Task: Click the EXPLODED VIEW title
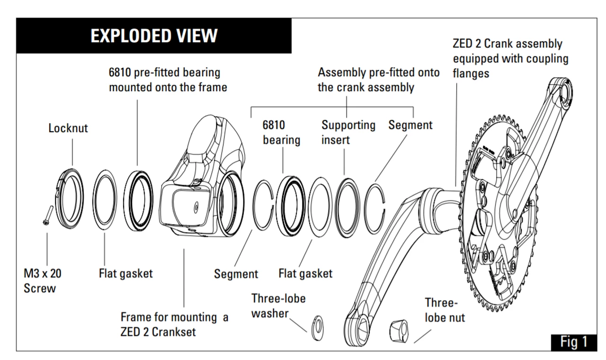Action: pos(154,36)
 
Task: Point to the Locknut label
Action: pos(68,128)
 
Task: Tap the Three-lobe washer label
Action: pos(278,306)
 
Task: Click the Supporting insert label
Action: pos(348,132)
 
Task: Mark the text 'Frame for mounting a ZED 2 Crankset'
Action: pos(174,324)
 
